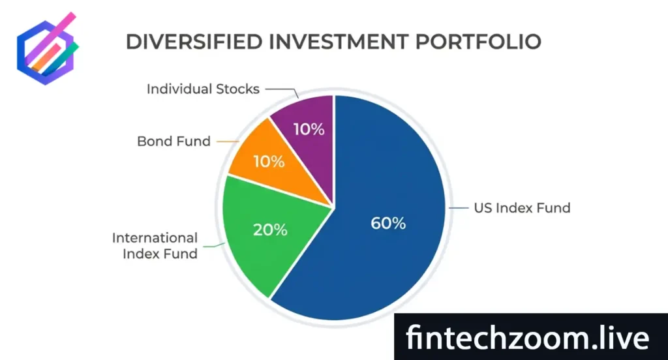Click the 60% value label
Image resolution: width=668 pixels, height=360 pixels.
coord(388,223)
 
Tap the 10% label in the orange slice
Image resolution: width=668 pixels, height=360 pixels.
coord(269,161)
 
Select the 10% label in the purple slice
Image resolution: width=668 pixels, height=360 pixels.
coord(309,129)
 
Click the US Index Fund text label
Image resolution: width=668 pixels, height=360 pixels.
coord(522,208)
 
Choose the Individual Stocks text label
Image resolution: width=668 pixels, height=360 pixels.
coord(203,89)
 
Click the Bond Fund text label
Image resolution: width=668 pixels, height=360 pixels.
coord(174,141)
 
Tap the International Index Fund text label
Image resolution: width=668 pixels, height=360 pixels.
coord(155,246)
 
